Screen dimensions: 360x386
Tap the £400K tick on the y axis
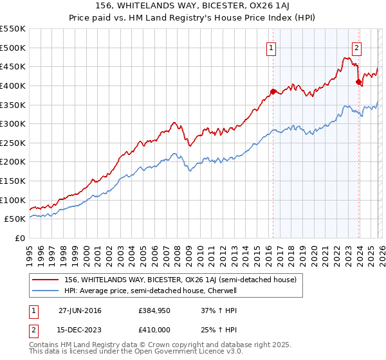[13, 85]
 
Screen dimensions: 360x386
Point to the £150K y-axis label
[13, 181]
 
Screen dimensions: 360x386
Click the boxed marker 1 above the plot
[271, 47]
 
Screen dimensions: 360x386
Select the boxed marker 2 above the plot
[356, 47]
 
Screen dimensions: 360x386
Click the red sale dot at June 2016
[273, 91]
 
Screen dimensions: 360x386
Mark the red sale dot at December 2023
[358, 82]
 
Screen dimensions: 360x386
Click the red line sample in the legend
[45, 280]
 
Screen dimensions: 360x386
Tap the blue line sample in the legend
[45, 291]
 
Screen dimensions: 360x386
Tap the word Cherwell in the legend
[221, 291]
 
